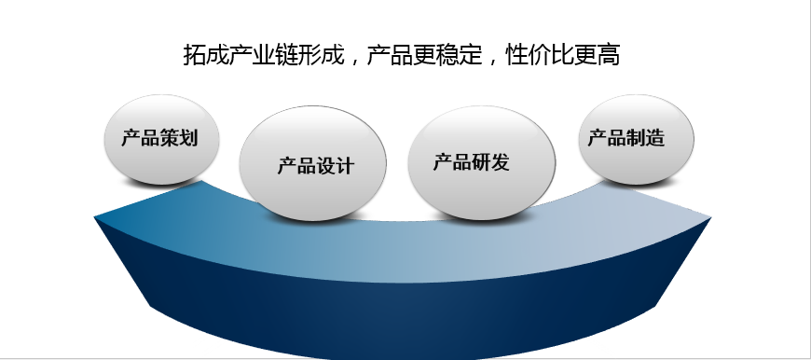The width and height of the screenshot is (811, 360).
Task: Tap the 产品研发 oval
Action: (x=474, y=163)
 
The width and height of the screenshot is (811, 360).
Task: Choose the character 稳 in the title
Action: (x=447, y=55)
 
